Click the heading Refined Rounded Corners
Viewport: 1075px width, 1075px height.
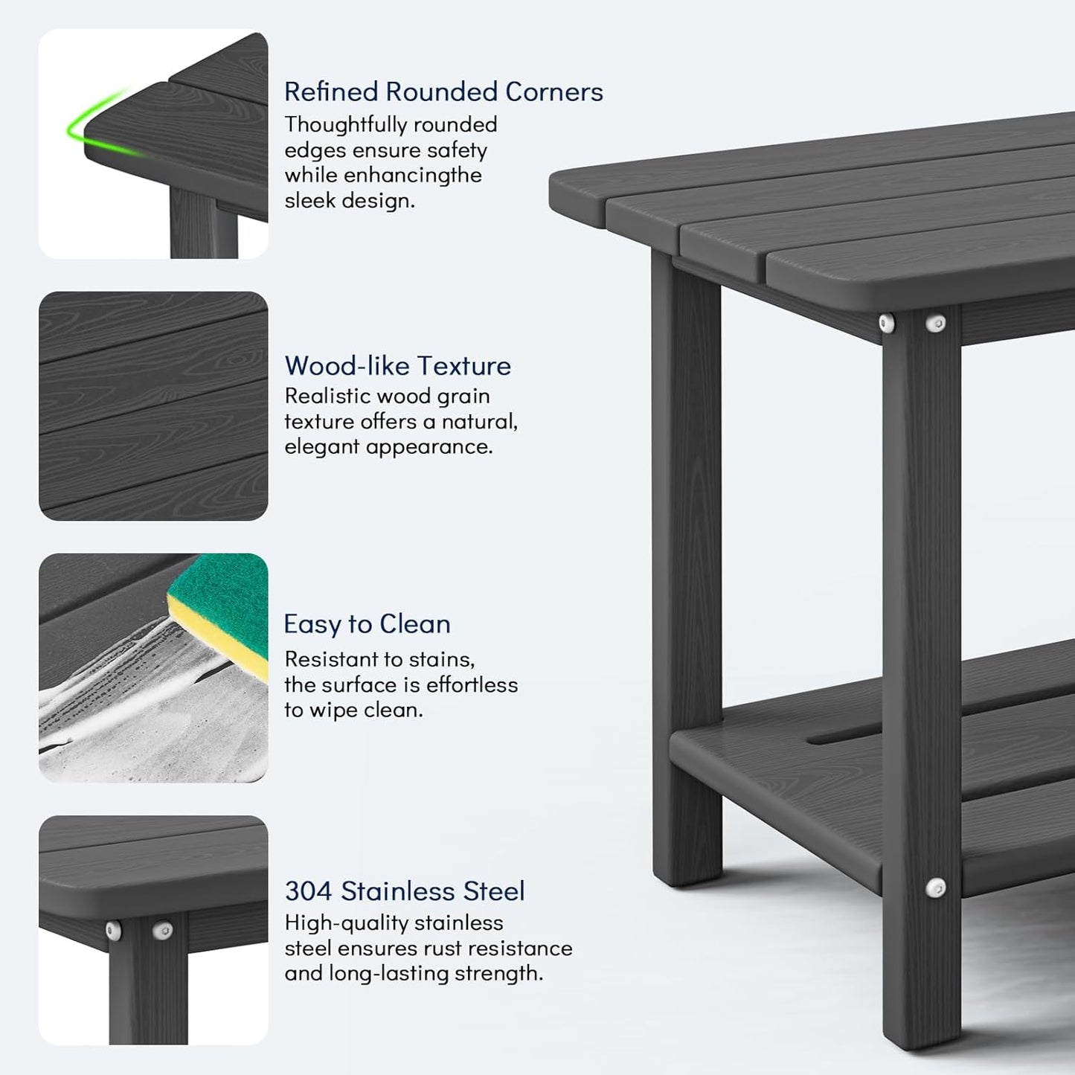coord(443,92)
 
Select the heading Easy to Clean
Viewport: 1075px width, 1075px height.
coord(367,623)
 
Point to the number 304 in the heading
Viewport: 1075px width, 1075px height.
coord(308,891)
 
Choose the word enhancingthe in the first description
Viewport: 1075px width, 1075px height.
coord(412,175)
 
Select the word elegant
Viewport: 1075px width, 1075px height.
coord(321,446)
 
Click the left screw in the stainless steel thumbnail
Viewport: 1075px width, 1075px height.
coord(114,930)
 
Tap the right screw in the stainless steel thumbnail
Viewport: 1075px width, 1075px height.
coord(163,930)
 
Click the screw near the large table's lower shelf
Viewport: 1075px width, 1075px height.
coord(936,887)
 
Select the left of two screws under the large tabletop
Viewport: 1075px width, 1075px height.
coord(887,323)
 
